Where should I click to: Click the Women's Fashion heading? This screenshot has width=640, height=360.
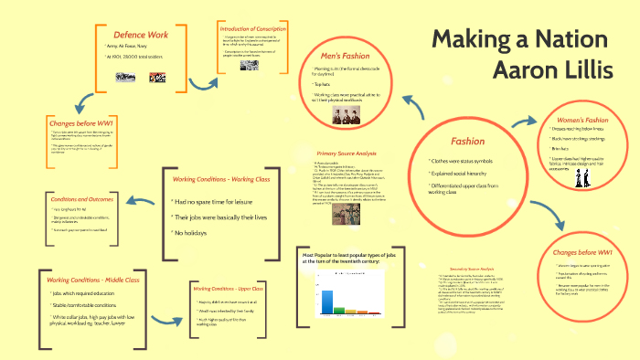[x=583, y=120]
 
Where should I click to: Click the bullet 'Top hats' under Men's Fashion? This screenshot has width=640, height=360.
[x=322, y=83]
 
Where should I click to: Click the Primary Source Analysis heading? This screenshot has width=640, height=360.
[x=347, y=154]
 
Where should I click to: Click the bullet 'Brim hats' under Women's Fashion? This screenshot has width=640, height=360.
[x=564, y=147]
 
